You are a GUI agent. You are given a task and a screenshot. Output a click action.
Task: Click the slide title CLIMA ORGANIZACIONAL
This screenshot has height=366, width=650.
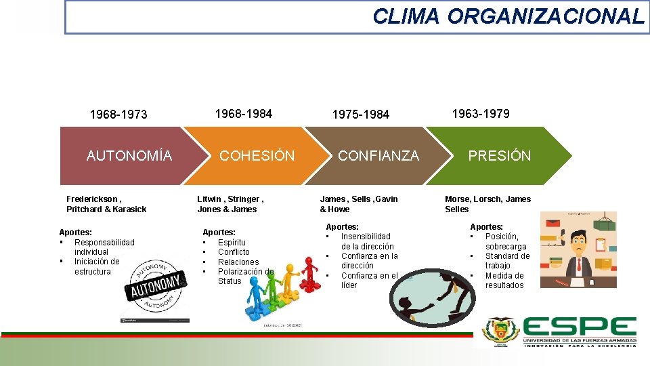pos(508,16)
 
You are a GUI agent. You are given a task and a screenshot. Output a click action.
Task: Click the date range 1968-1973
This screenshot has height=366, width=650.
pos(118,115)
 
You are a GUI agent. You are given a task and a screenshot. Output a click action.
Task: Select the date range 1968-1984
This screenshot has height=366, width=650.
pos(244,113)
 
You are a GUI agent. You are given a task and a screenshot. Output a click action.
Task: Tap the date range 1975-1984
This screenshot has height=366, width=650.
pos(361,115)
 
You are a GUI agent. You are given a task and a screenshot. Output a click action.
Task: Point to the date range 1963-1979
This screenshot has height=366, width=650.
pos(481,113)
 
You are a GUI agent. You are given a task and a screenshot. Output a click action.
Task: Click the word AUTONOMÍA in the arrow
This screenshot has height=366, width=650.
pos(129,156)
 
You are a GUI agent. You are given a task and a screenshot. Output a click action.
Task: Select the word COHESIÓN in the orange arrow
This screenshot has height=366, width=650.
pos(257,156)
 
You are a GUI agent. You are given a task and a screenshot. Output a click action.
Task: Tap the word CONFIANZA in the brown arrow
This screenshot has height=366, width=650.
pos(378,156)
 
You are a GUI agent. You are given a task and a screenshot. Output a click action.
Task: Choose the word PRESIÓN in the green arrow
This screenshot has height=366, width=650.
pos(500,156)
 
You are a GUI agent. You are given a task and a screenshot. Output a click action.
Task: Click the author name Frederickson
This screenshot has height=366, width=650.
pos(93,199)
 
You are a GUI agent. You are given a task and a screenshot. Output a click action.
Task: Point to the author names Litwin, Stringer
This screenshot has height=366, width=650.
pos(230,199)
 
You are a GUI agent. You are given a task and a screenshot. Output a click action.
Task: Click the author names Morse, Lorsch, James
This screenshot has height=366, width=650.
pos(487,199)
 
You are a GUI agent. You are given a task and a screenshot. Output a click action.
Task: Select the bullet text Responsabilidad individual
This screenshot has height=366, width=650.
pos(104,247)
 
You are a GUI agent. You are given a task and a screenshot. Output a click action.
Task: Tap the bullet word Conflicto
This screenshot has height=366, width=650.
pos(234,252)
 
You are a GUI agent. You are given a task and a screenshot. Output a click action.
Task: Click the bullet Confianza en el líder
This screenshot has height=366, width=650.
pos(369,281)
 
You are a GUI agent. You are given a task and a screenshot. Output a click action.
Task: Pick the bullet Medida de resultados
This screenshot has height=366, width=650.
pos(504,281)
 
